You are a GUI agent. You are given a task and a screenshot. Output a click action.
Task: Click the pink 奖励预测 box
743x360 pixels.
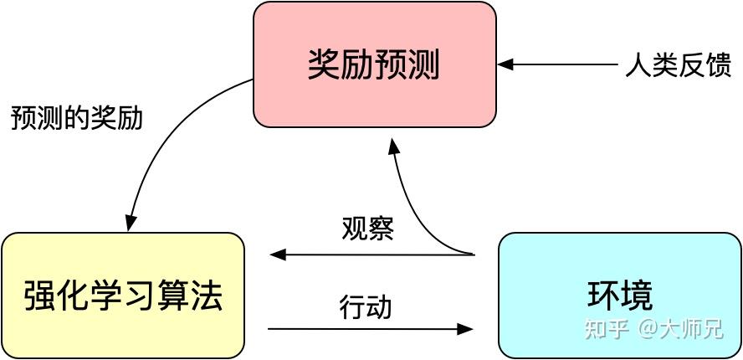pos(374,64)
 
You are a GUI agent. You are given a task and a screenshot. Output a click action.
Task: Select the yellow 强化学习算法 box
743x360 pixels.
pos(123,296)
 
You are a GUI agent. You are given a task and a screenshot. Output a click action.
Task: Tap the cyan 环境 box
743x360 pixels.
pos(619,296)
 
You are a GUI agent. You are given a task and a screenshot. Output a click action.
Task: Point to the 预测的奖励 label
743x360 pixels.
pos(77,118)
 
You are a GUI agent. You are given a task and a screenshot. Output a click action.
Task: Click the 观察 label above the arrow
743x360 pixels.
pos(367,228)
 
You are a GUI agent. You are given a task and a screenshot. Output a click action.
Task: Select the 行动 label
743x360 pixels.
pos(366,306)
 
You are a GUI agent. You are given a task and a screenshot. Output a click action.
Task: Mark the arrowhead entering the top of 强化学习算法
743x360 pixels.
pos(130,224)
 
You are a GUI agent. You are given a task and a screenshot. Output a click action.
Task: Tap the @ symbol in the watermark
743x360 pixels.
pos(650,329)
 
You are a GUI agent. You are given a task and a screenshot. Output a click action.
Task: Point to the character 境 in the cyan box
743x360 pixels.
pos(637,296)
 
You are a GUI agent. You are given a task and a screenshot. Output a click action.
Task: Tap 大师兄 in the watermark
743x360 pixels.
pos(692,329)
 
